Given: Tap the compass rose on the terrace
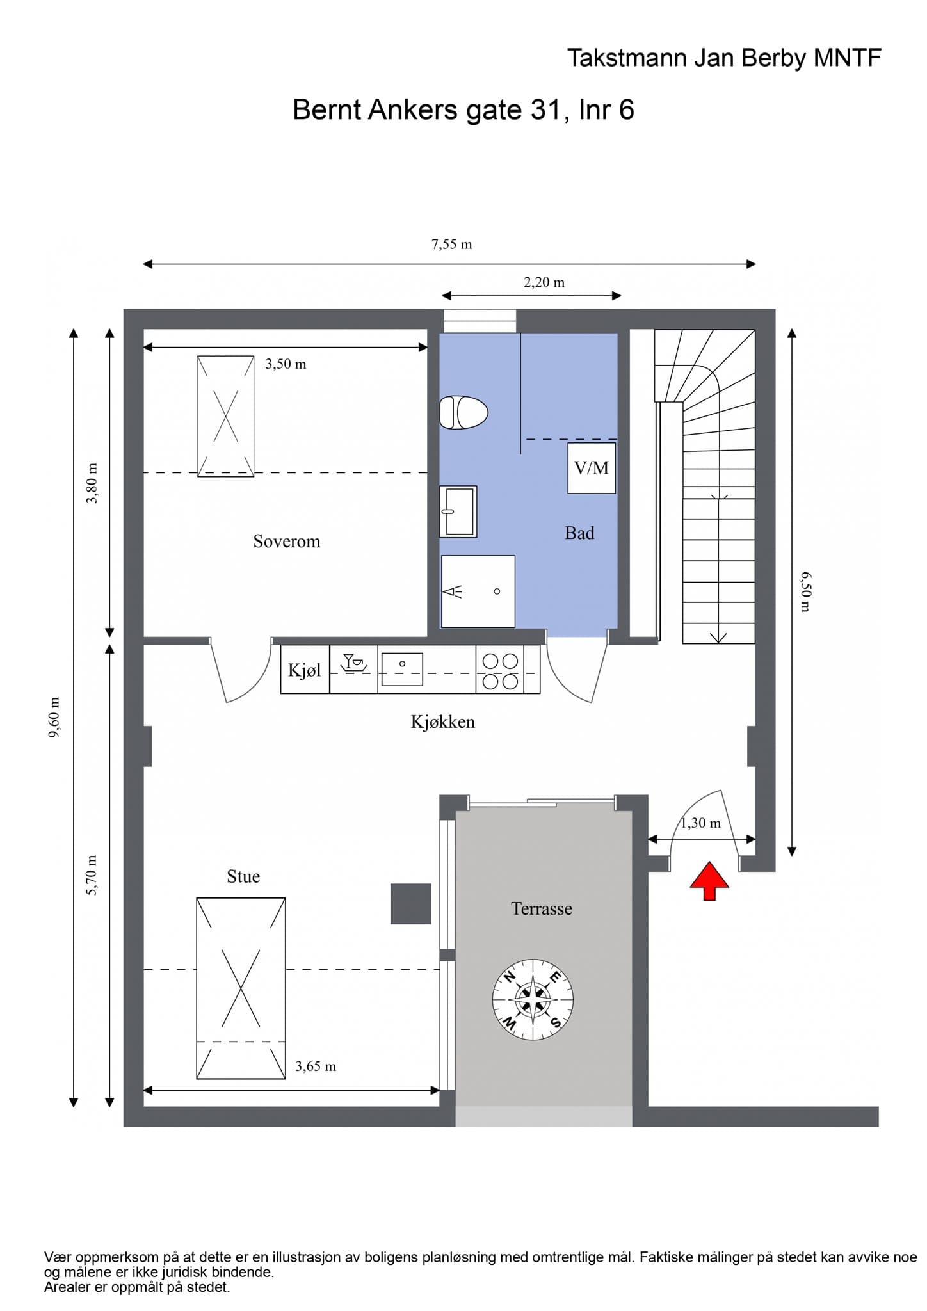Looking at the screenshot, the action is coord(533,1000).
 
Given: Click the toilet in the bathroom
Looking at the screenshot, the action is coord(463,412).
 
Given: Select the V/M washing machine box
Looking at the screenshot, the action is coord(592,468).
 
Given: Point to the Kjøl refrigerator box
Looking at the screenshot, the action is coord(305,670).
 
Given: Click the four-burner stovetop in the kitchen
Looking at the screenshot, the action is coord(500,670).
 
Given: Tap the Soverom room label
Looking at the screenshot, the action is coord(287,542).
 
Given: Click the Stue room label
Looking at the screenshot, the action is coord(243,876).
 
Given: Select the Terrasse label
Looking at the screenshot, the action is coord(542,908).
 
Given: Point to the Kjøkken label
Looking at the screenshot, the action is coord(443,722).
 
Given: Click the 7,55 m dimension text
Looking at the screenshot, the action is coord(452,244).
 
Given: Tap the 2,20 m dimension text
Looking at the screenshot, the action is coord(544,282).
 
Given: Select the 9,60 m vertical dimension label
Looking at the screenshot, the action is coord(55,717).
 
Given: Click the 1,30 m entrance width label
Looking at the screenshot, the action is coord(700,823).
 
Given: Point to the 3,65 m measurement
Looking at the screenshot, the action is coord(316,1066).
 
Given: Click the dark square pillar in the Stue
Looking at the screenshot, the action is coord(411,904).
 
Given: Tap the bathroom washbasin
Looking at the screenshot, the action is coord(458,511).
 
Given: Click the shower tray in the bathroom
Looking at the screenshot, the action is coord(478,591).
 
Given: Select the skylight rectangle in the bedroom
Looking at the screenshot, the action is coord(225,416).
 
